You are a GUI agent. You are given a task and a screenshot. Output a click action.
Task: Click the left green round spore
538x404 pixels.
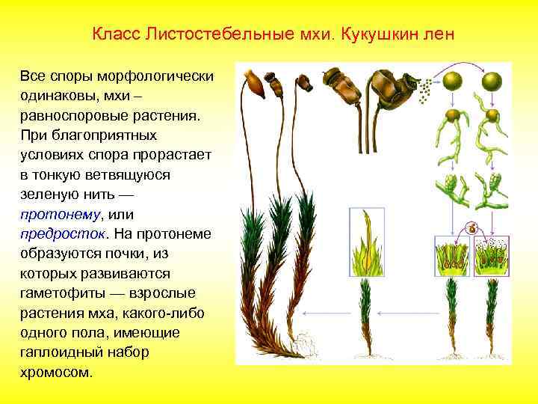click(453, 80)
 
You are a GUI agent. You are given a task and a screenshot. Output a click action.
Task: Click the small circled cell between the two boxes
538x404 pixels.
click(471, 227)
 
